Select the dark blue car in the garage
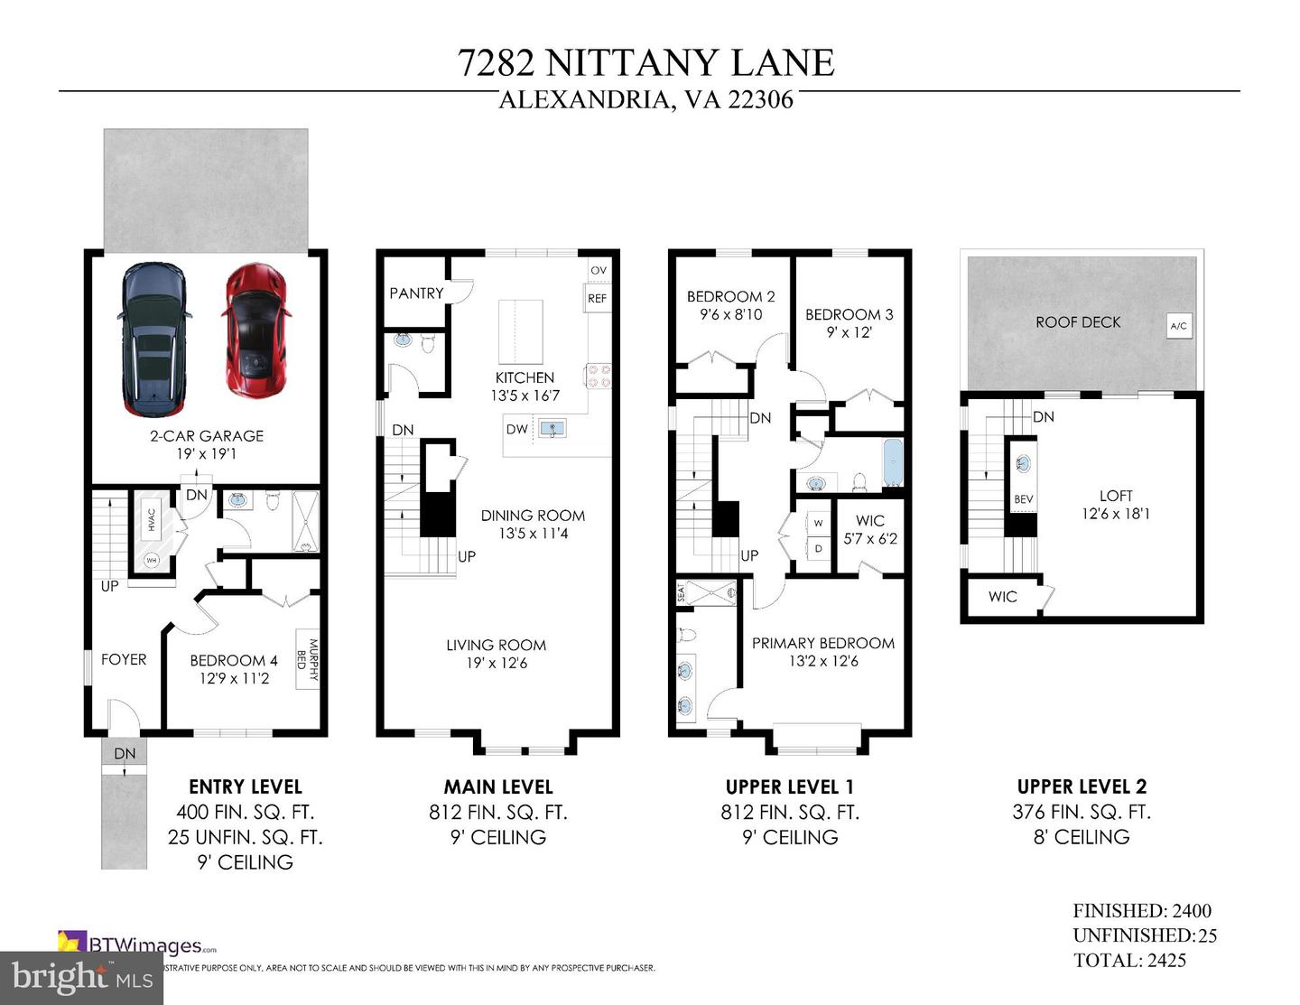coord(153,339)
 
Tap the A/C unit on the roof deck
coord(1178,326)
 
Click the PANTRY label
coord(416,293)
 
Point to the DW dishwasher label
coord(517,429)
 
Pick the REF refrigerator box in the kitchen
coord(598,299)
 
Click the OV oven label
coord(599,270)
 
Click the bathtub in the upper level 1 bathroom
coord(892,463)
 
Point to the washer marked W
coord(819,523)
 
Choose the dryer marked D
coord(819,548)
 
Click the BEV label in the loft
coord(1023,499)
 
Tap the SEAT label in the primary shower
coord(681,593)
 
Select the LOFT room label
coord(1116,496)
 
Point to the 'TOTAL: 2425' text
coord(1129,960)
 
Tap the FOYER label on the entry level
coord(124,659)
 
